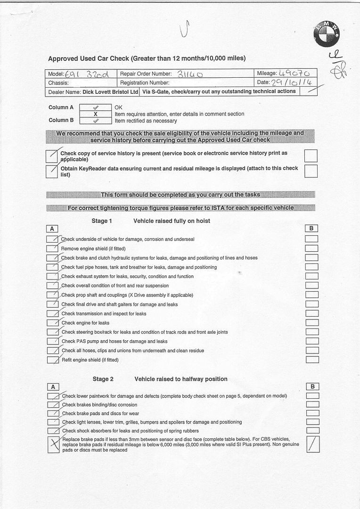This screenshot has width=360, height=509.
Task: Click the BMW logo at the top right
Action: (x=327, y=34)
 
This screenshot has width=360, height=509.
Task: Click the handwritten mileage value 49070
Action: (x=294, y=74)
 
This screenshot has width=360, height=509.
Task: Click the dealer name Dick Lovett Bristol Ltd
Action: (x=110, y=91)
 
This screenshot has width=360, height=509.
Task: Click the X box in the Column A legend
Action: (x=95, y=114)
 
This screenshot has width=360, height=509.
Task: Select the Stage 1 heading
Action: (x=102, y=221)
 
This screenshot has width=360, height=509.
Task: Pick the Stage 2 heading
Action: (x=103, y=379)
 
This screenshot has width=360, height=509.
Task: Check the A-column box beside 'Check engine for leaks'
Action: (x=52, y=323)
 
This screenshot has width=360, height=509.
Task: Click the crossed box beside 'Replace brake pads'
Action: (x=53, y=444)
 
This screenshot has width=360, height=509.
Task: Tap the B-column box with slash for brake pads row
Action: (x=312, y=444)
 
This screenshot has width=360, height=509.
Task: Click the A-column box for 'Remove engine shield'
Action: (x=52, y=248)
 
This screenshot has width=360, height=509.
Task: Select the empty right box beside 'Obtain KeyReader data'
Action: (x=311, y=171)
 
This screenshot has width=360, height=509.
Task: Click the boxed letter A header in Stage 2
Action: (x=53, y=387)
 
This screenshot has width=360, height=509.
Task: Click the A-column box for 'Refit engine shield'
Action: (x=52, y=360)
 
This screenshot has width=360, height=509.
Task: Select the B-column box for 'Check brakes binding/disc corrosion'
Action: (x=312, y=404)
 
